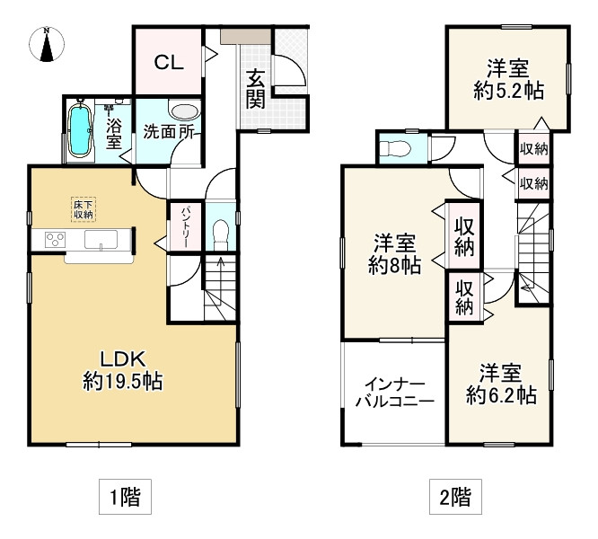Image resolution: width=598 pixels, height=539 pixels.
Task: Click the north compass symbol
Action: tap(47, 44)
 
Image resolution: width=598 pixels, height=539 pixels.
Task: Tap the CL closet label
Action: tap(169, 62)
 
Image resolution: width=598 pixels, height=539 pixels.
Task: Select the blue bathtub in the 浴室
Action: tap(80, 131)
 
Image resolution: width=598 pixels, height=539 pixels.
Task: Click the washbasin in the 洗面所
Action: tap(185, 111)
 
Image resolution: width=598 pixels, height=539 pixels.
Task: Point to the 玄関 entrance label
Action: tap(255, 90)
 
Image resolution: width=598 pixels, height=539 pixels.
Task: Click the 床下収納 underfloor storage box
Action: tap(84, 209)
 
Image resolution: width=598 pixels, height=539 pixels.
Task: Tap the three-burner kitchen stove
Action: tap(55, 240)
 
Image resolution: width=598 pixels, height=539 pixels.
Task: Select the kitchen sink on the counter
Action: tap(101, 240)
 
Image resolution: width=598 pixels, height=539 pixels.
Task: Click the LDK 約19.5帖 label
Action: tap(123, 370)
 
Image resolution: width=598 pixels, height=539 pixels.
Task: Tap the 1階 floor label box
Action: tap(125, 497)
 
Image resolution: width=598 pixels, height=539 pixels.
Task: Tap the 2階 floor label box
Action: tap(455, 497)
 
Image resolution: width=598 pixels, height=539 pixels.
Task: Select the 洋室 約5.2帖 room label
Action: tap(508, 79)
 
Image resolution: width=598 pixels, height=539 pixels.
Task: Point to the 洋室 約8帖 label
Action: tap(394, 254)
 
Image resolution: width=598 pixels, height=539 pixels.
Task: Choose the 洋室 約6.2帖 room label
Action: tap(501, 384)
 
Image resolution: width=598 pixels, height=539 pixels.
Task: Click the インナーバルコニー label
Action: tap(395, 393)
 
